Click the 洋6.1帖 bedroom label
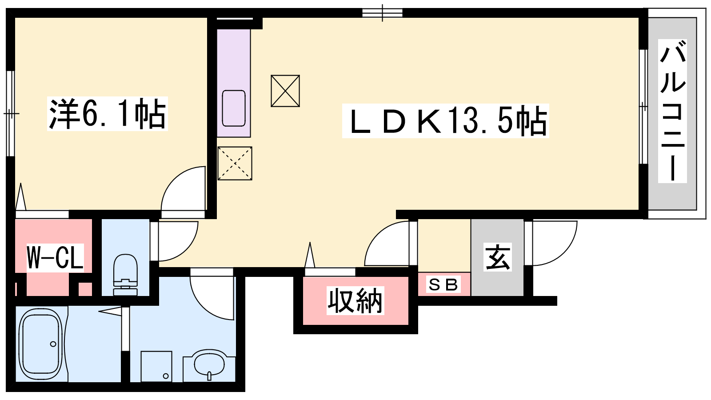click(x=107, y=114)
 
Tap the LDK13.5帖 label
click(x=445, y=121)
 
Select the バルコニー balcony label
click(x=672, y=111)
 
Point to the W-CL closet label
click(x=55, y=257)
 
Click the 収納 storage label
click(x=355, y=300)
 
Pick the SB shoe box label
click(x=443, y=284)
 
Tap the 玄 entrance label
click(x=497, y=257)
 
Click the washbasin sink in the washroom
click(x=209, y=364)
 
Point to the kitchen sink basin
click(x=234, y=108)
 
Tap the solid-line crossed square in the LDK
click(x=285, y=91)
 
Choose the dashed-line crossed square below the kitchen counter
click(x=235, y=164)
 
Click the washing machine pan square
click(x=156, y=366)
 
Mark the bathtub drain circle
click(x=53, y=344)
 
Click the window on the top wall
click(x=383, y=13)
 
